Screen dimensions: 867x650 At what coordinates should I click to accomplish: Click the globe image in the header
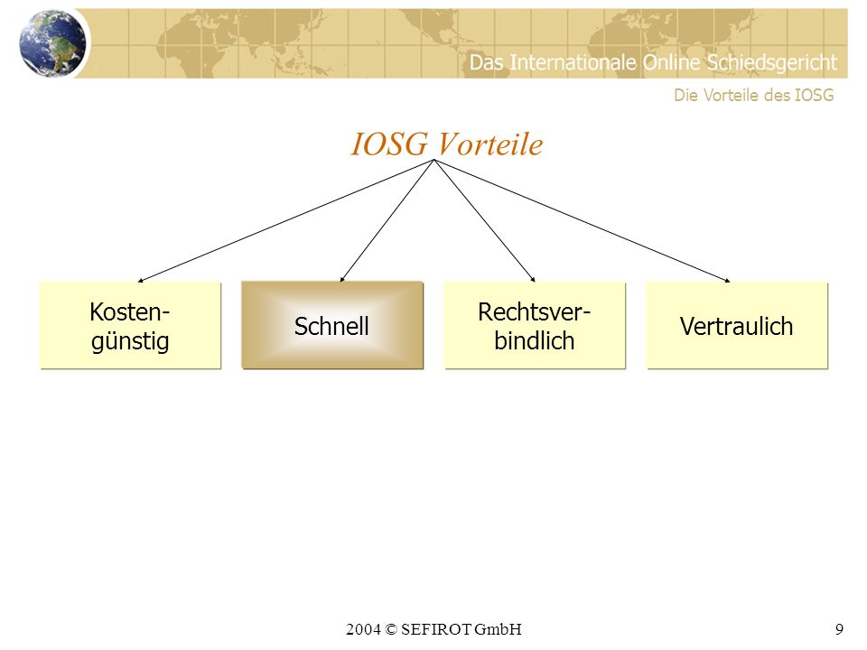[x=52, y=42]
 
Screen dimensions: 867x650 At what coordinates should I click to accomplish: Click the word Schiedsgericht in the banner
[x=772, y=63]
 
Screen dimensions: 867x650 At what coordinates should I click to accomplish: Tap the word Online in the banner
[x=672, y=62]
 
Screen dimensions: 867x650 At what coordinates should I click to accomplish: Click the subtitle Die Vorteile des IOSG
[x=753, y=95]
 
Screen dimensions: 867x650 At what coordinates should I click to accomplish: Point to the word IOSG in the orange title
[x=389, y=144]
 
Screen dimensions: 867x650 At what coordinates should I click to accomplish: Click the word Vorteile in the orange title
[x=490, y=144]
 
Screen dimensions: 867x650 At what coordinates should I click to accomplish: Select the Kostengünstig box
[x=130, y=325]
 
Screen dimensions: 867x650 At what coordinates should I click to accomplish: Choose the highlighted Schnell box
[x=332, y=325]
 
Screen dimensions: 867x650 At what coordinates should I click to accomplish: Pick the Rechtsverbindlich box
[x=535, y=325]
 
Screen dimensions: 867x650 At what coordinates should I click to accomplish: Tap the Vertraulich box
[x=737, y=325]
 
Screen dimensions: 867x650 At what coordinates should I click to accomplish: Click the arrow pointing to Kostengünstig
[x=286, y=221]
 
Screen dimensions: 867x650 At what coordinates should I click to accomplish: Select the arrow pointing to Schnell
[x=387, y=221]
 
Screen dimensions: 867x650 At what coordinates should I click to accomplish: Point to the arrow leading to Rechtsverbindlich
[x=484, y=221]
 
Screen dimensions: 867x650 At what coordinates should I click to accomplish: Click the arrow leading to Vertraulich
[x=583, y=221]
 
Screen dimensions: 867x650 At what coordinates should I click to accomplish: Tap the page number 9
[x=839, y=629]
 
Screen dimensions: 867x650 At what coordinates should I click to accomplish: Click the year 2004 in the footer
[x=363, y=629]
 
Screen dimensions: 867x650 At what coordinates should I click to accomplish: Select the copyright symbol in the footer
[x=391, y=629]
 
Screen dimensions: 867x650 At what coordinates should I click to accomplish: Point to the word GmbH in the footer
[x=498, y=629]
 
